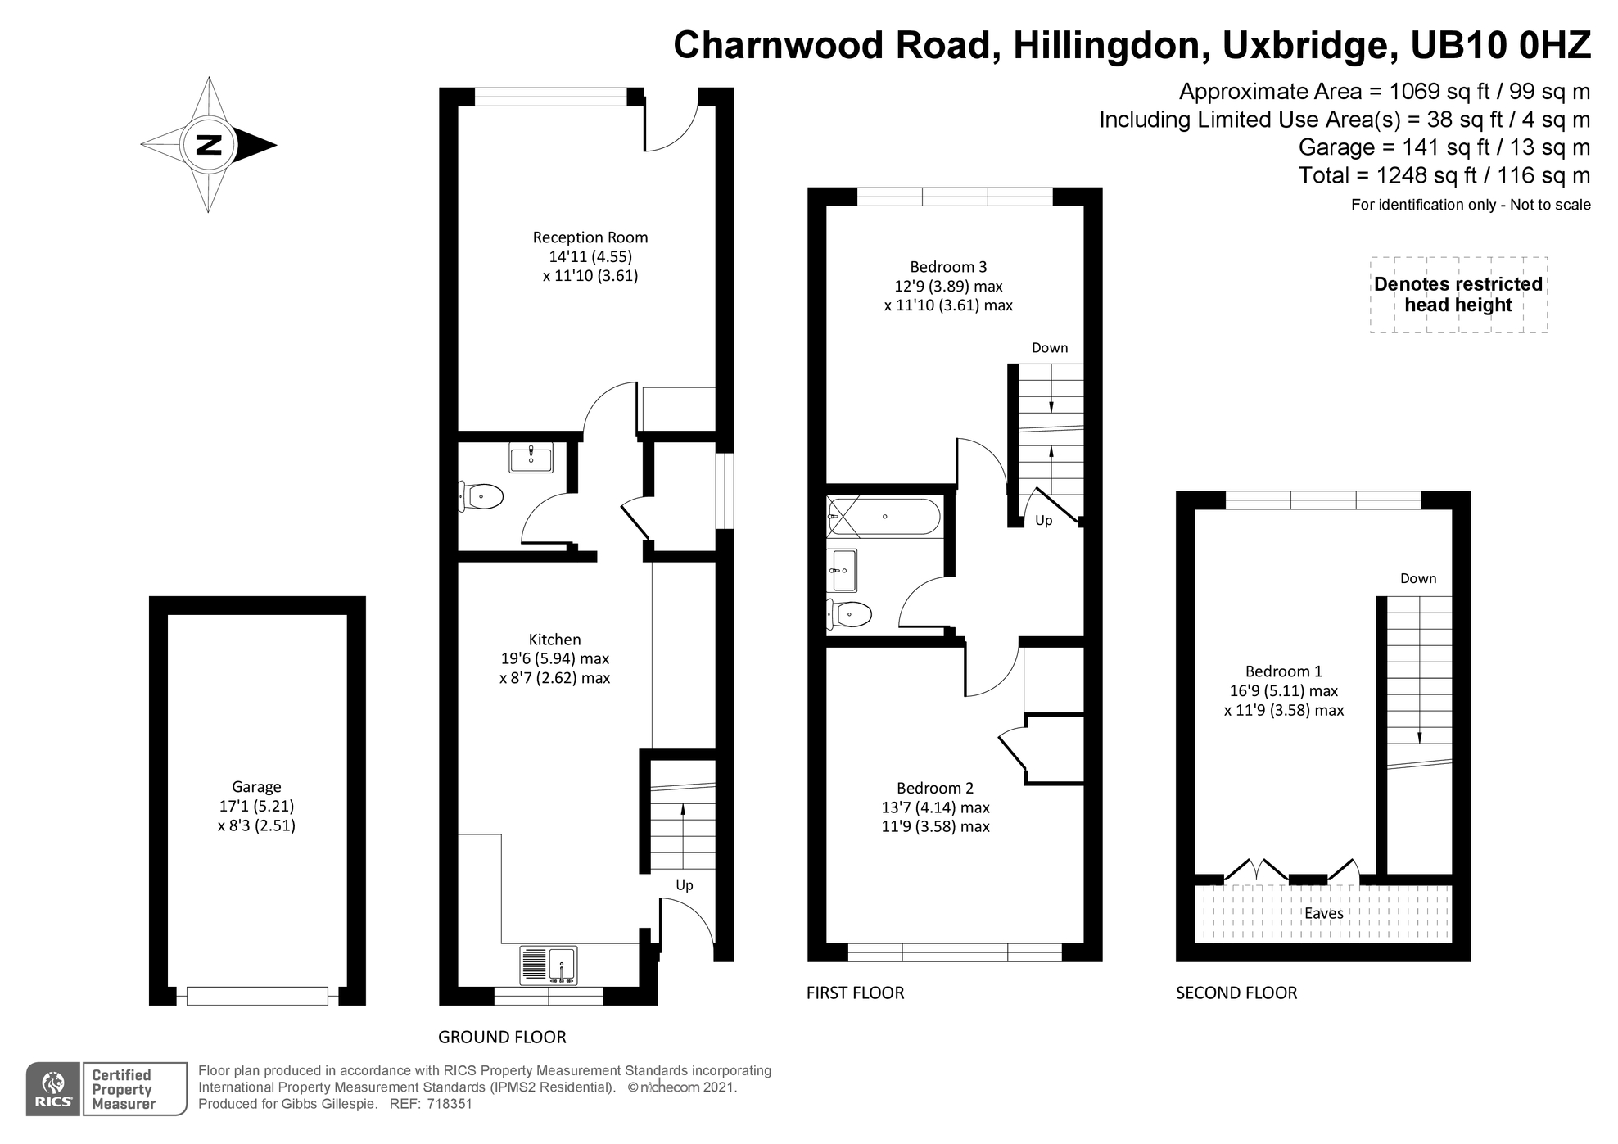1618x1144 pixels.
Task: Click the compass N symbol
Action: [x=210, y=145]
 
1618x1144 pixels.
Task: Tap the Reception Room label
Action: [x=590, y=237]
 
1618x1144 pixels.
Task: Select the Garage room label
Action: [x=256, y=787]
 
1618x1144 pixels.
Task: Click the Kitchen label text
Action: [x=554, y=640]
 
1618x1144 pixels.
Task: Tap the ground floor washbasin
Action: [x=531, y=458]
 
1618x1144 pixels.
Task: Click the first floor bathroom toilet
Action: [x=849, y=613]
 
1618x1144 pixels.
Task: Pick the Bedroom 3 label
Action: [x=948, y=267]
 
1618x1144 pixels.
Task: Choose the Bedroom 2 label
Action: [x=934, y=788]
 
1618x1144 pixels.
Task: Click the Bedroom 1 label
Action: [x=1283, y=671]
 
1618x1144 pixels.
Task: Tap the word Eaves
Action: [x=1323, y=913]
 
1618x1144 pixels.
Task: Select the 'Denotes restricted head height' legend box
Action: [x=1458, y=295]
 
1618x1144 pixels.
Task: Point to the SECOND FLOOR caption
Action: [x=1236, y=993]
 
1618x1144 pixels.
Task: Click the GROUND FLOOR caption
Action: [x=502, y=1038]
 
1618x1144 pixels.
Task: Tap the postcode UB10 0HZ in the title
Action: [x=1500, y=45]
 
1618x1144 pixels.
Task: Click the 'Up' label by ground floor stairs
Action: [x=685, y=885]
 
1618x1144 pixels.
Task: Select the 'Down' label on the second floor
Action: [x=1418, y=579]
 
